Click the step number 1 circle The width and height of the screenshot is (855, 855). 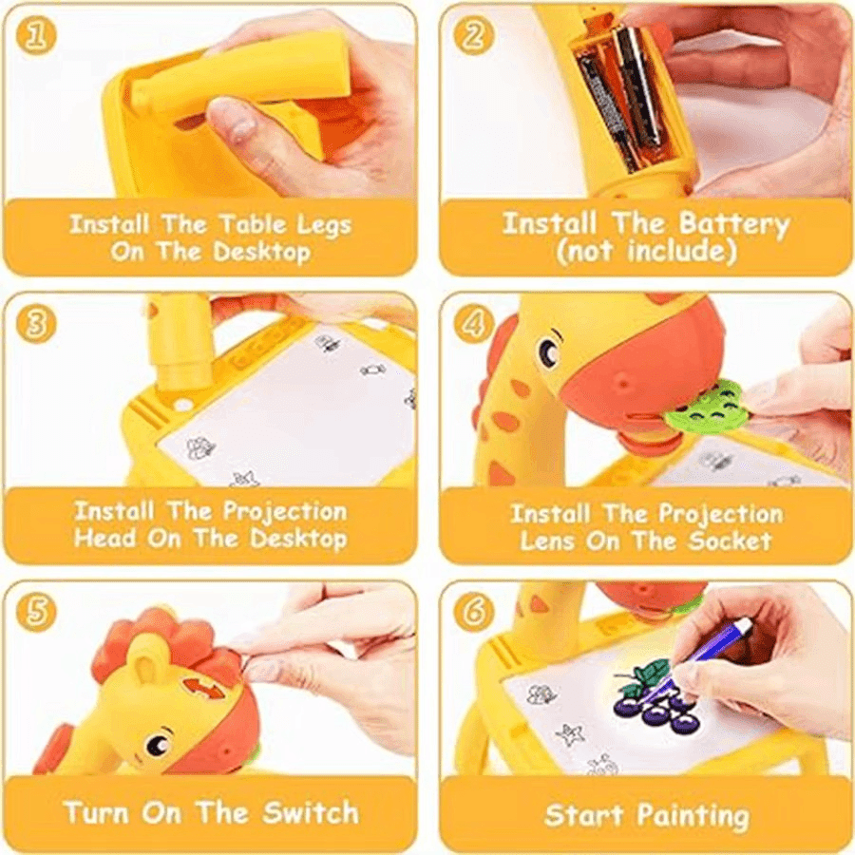tap(37, 35)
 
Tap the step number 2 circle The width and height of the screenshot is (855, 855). tap(472, 35)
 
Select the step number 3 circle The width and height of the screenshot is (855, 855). tap(37, 325)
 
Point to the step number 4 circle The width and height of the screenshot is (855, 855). tap(472, 325)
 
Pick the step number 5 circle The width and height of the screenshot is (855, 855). tap(37, 613)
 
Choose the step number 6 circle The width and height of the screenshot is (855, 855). tap(472, 613)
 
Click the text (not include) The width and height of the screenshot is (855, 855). tap(646, 252)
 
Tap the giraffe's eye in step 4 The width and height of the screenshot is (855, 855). tap(550, 353)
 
